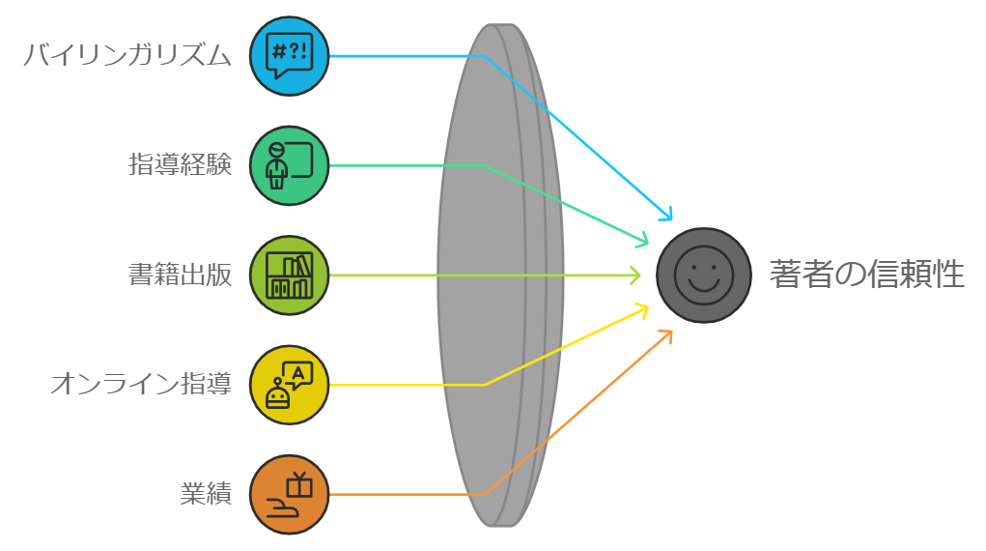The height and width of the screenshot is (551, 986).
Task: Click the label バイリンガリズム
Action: pos(127,56)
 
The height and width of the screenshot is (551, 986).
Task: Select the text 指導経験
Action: pos(181,165)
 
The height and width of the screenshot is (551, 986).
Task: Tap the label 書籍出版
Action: pos(181,275)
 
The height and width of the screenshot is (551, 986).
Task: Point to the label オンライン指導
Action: pos(141,385)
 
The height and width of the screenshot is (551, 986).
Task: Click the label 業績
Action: pos(206,494)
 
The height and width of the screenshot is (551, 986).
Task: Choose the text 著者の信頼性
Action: pos(866,275)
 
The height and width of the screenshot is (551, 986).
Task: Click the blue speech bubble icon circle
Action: pos(290,56)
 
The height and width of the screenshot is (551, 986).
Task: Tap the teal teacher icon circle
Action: pos(290,165)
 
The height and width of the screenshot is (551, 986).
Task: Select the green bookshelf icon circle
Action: pos(290,275)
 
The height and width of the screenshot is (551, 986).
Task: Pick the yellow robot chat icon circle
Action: pos(290,385)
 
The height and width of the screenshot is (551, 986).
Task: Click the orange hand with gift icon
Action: pos(290,494)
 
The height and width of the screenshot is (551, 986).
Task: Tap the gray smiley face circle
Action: pos(704,275)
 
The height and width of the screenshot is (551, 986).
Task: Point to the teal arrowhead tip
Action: pos(645,241)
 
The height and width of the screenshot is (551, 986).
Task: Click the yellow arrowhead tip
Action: pos(645,308)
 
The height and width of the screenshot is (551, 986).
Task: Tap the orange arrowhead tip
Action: pos(668,333)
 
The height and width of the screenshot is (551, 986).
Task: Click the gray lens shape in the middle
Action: pos(499,275)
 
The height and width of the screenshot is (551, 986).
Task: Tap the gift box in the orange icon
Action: pos(299,484)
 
